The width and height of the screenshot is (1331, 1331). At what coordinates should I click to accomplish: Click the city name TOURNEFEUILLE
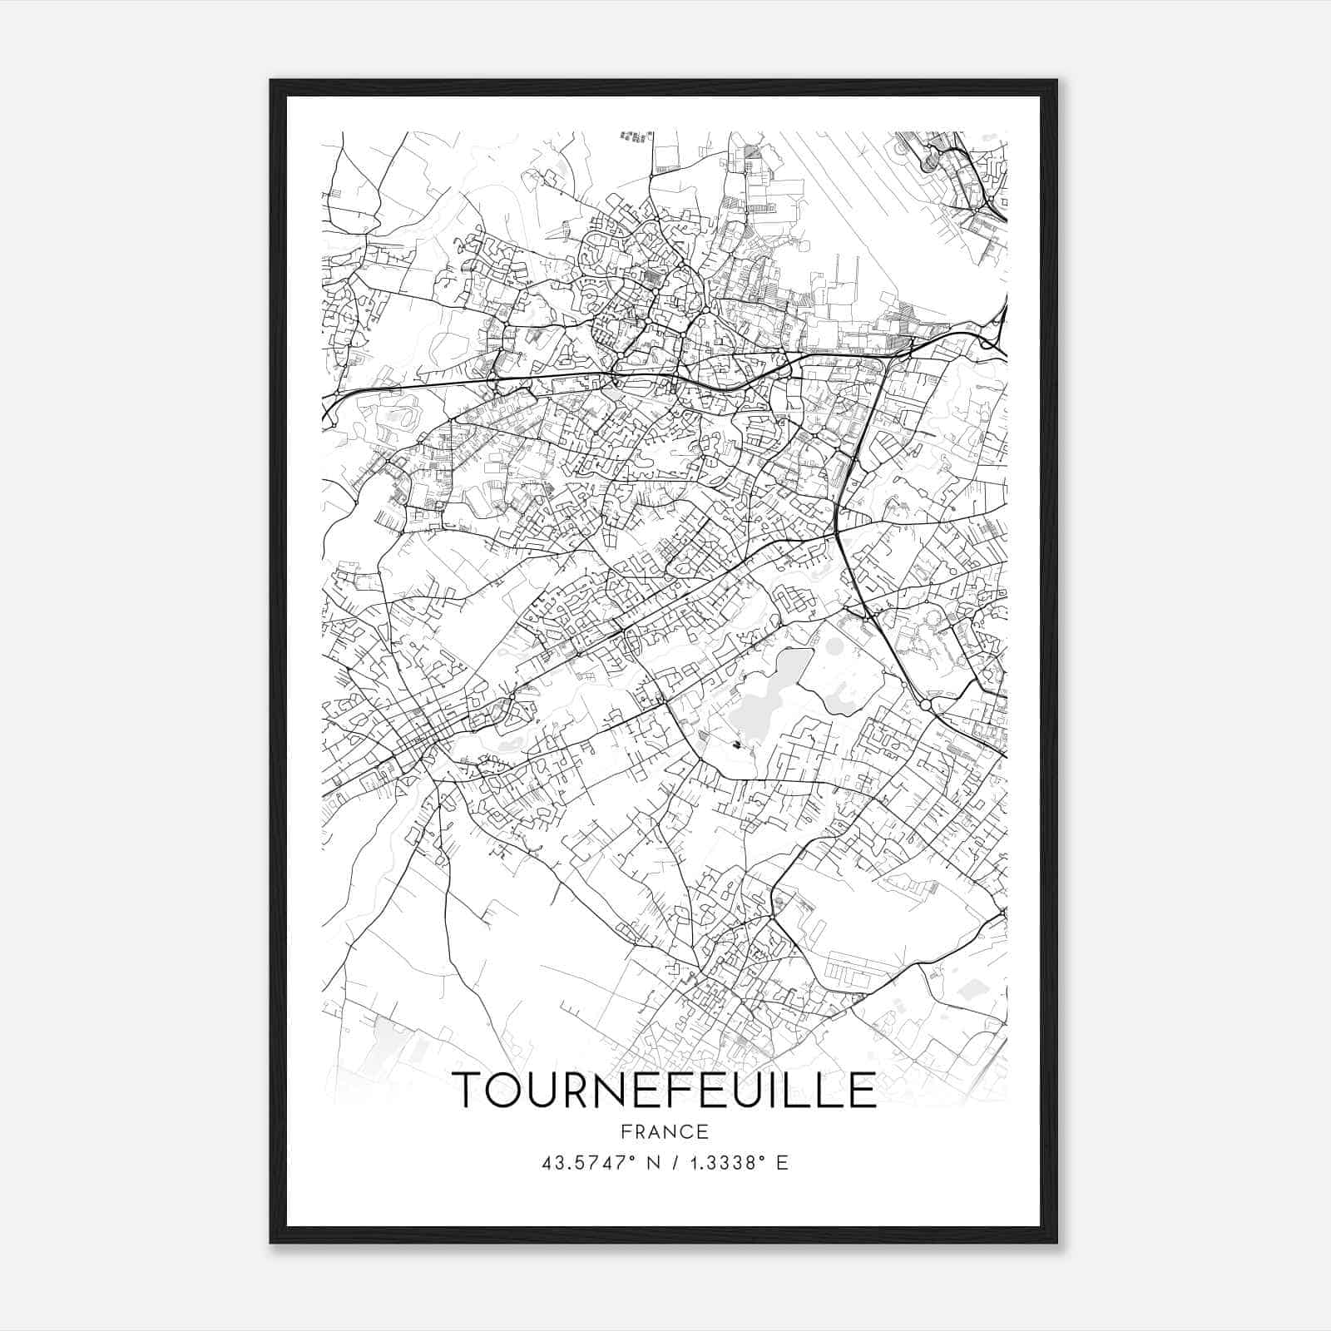(x=664, y=1091)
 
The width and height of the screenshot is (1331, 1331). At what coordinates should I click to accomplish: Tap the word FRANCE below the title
(x=664, y=1131)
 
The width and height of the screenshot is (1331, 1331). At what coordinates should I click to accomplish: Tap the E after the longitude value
(x=782, y=1163)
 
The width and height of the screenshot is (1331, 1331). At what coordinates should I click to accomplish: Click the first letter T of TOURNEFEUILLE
(x=468, y=1091)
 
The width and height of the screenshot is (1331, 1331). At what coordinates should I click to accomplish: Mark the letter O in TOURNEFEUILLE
(x=510, y=1091)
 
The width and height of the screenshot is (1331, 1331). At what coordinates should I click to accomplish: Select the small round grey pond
(x=834, y=646)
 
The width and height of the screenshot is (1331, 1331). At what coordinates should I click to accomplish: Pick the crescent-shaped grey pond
(x=842, y=695)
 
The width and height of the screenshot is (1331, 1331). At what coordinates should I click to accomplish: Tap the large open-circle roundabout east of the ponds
(x=925, y=705)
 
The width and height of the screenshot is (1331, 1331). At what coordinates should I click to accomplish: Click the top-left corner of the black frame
(x=271, y=81)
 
